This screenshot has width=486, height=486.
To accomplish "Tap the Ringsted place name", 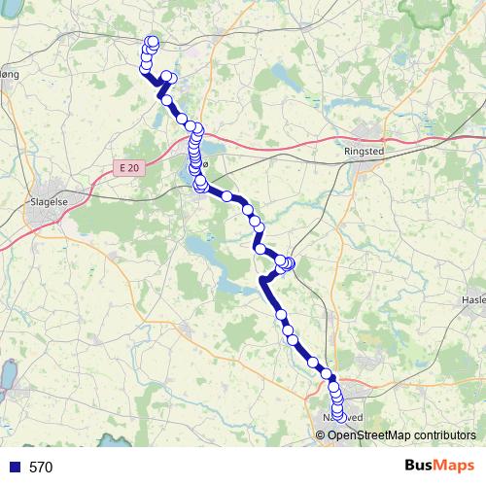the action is (x=364, y=152).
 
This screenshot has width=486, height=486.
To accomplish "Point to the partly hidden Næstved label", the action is (x=342, y=418).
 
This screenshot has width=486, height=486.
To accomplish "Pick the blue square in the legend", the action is (x=13, y=467).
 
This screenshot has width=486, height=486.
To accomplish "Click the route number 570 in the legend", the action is (x=41, y=467).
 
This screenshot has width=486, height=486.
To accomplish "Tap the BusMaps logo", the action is (x=439, y=465).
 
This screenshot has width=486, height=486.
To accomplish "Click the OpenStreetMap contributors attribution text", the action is (x=400, y=435).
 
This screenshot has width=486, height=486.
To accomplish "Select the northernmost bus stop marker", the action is (x=152, y=41).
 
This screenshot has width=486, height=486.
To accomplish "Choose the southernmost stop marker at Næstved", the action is (x=338, y=416).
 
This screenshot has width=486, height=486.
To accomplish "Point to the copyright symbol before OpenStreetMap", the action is (x=322, y=435).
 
